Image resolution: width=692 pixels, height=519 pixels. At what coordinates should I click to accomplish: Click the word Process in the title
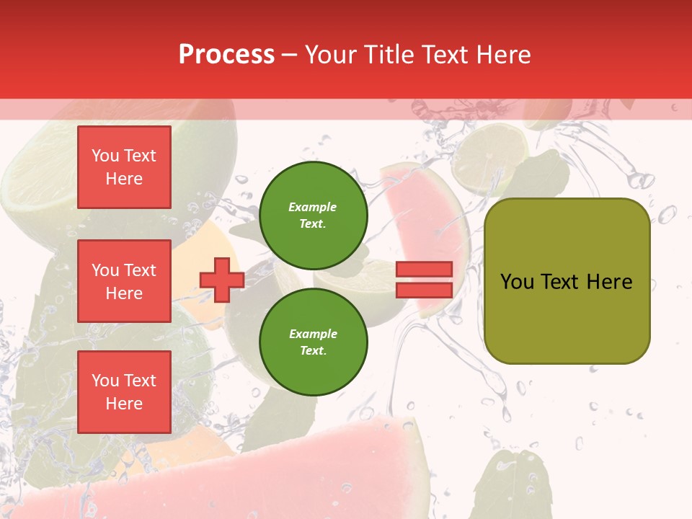(x=226, y=55)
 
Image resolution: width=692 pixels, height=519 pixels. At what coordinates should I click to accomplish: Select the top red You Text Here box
(x=124, y=167)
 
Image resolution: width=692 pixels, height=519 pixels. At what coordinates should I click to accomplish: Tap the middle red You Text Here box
(x=124, y=281)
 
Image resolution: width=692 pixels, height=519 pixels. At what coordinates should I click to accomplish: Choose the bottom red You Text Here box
(x=124, y=392)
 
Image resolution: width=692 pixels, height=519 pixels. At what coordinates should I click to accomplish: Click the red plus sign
(x=222, y=280)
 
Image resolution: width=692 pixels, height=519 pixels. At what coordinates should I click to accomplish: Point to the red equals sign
(x=424, y=280)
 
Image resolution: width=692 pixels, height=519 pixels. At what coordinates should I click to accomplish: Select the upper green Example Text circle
(x=313, y=215)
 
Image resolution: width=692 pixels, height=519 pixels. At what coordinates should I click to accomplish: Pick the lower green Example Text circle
(x=313, y=342)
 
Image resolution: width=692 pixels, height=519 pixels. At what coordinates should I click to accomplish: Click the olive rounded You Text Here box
(x=567, y=281)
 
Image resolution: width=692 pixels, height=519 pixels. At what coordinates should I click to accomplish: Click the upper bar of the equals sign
(x=424, y=270)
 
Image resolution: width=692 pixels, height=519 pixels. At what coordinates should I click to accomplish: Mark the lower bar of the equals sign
(x=424, y=290)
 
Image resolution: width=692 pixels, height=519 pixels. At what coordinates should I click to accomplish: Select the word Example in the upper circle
(x=313, y=207)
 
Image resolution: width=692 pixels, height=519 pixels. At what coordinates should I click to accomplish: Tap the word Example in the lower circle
(x=313, y=334)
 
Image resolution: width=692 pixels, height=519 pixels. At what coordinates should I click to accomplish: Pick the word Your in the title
(x=332, y=55)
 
